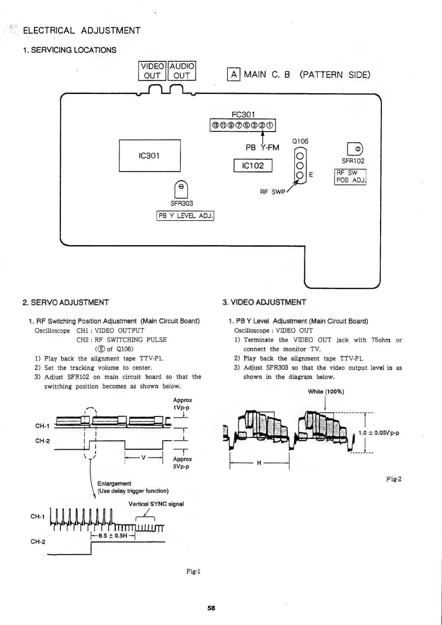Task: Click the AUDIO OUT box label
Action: [182, 71]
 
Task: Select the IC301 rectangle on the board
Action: [150, 156]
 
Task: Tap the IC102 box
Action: [253, 166]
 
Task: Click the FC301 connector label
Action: [243, 114]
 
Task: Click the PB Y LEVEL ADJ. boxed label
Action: [186, 216]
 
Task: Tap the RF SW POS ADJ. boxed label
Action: [350, 177]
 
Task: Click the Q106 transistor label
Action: [300, 141]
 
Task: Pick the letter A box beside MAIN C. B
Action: [233, 75]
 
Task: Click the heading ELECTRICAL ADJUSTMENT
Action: [82, 30]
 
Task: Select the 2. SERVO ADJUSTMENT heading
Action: [66, 302]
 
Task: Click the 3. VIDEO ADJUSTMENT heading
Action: [264, 302]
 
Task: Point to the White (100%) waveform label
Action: [326, 391]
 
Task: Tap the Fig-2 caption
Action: [393, 479]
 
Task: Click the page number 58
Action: [211, 608]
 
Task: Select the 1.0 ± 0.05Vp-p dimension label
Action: [379, 433]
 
